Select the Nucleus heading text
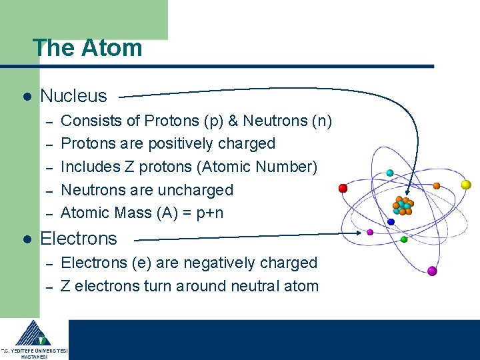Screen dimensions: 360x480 point(73,96)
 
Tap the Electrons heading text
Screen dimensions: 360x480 point(79,239)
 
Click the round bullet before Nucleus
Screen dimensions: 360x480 point(27,97)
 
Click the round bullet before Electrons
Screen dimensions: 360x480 point(27,239)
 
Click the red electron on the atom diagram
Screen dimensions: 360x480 point(343,188)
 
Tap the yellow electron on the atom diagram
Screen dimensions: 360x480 point(466,185)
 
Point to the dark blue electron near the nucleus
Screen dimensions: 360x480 point(391,222)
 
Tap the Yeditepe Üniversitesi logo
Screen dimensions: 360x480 point(33,339)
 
